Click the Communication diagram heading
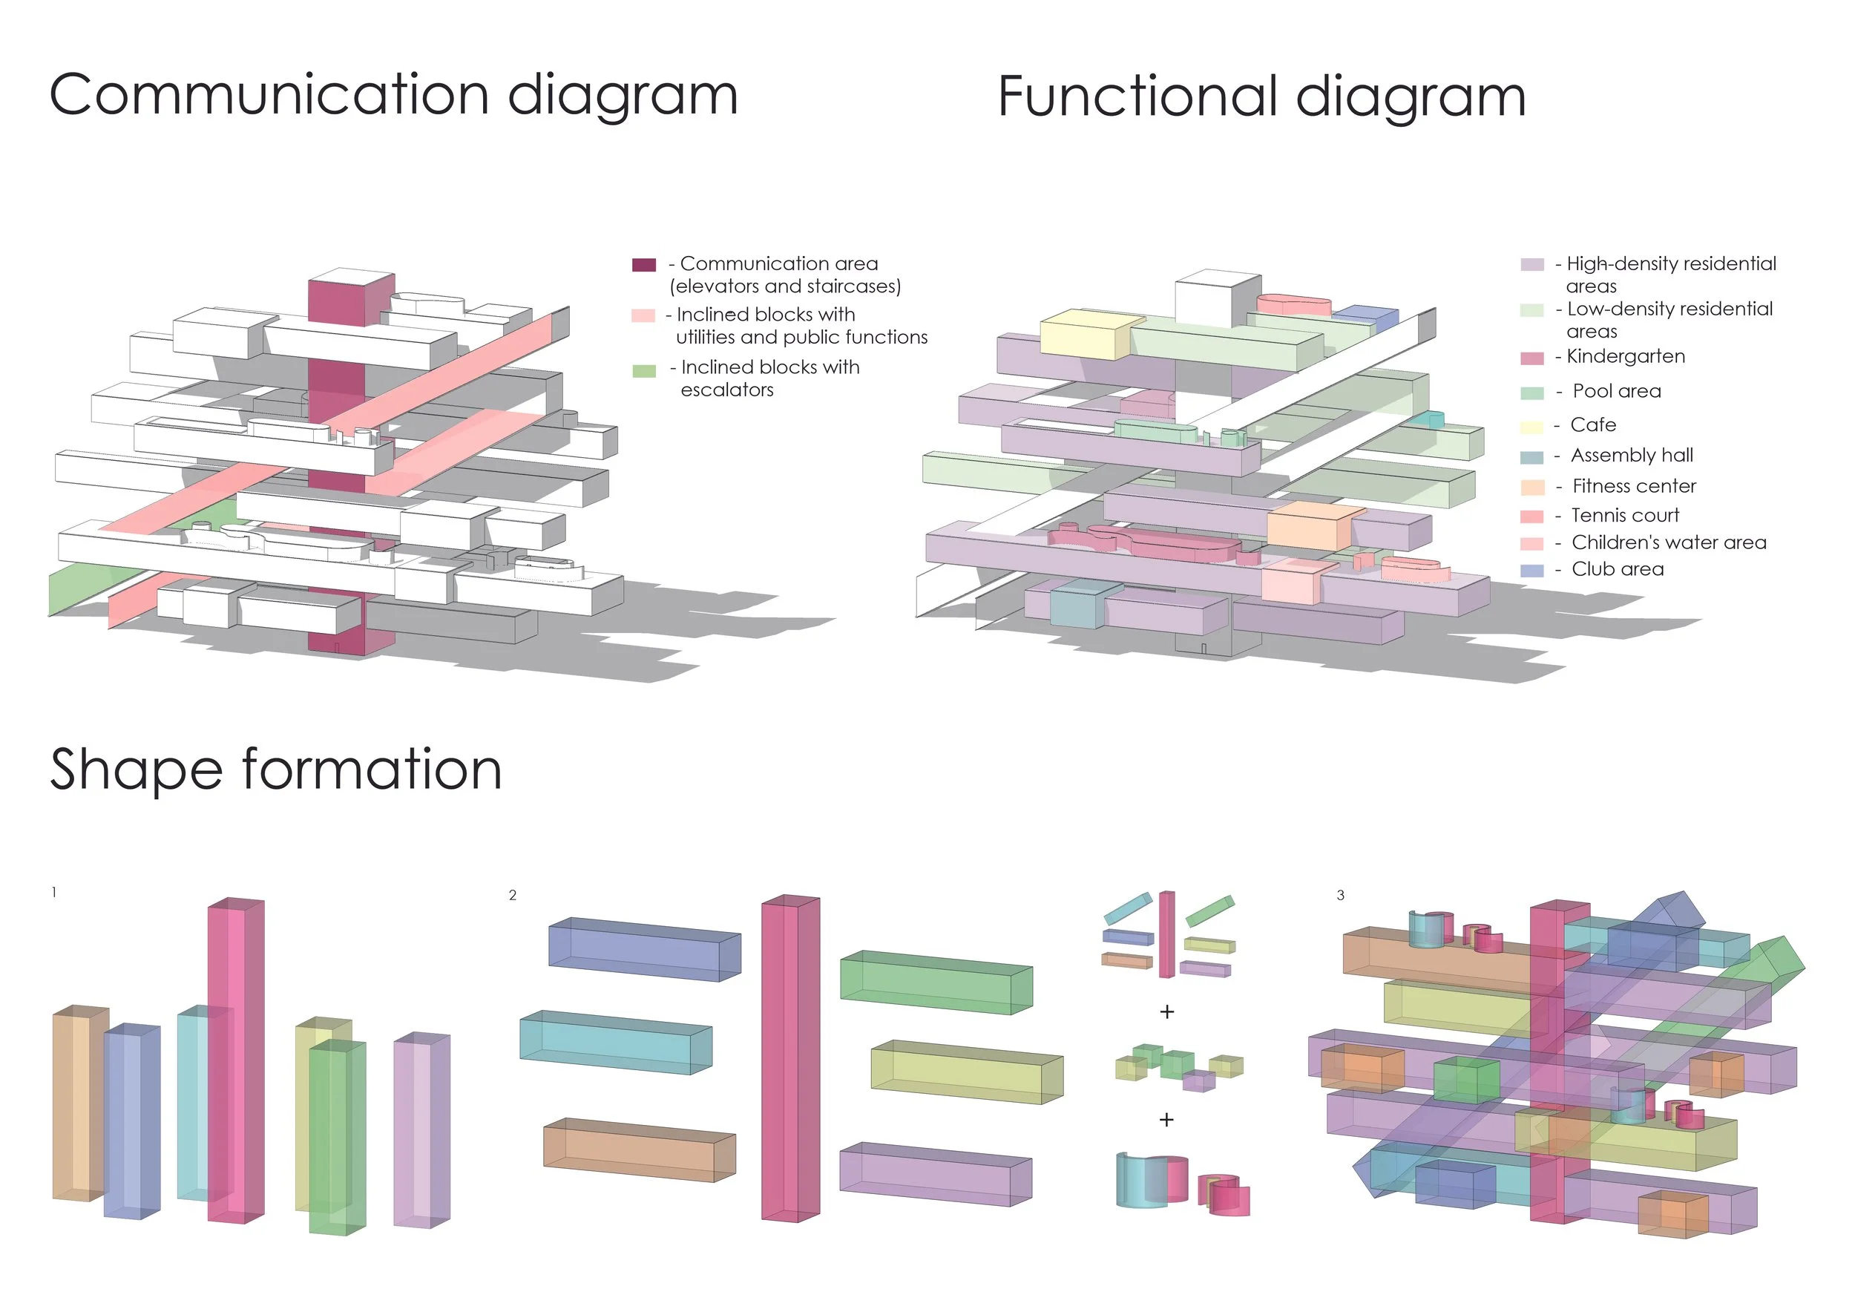(x=393, y=95)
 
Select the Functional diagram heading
(x=1261, y=97)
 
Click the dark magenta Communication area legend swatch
(x=643, y=265)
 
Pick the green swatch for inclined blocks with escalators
(x=643, y=371)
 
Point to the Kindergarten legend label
(x=1625, y=356)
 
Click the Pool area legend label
(x=1616, y=392)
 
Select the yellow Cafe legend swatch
(x=1531, y=427)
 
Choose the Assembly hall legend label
(x=1631, y=456)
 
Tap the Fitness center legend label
(x=1634, y=486)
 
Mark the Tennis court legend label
(x=1625, y=516)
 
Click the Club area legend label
(x=1618, y=570)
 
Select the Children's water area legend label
(x=1668, y=543)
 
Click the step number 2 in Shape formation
(x=512, y=895)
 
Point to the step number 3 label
(x=1340, y=895)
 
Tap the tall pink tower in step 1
(x=235, y=1058)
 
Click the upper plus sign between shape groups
(x=1166, y=1011)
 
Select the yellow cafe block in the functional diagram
(x=1083, y=333)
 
